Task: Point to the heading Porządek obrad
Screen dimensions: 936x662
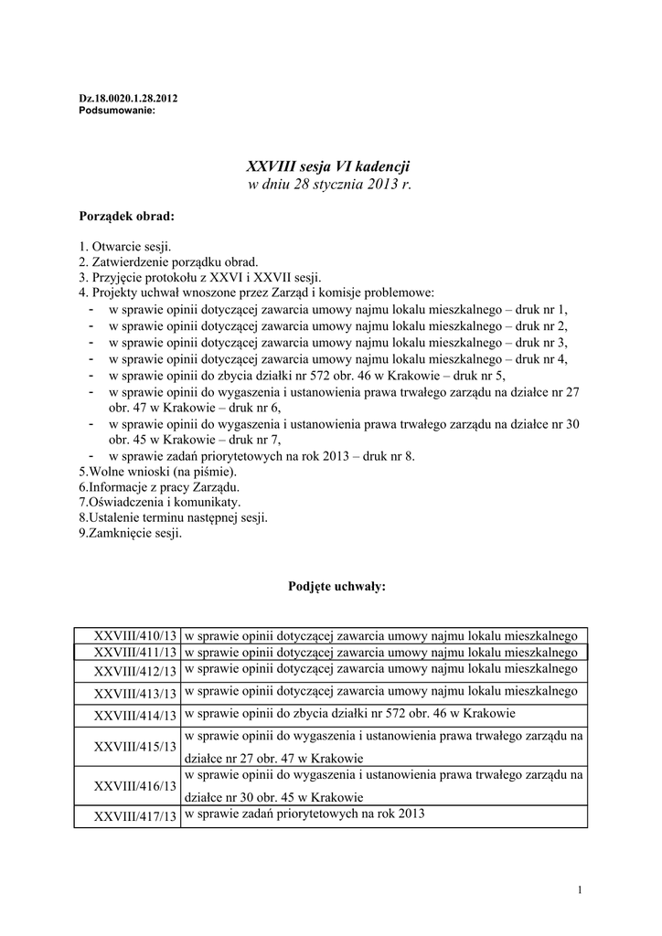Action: (125, 217)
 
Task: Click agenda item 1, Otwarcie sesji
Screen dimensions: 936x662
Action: (125, 247)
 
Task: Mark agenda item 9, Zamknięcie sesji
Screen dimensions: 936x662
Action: (130, 532)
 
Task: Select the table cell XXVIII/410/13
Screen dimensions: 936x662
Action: (135, 635)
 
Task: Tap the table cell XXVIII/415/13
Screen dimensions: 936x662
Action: (135, 747)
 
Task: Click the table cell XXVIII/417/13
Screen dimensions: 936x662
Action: (135, 816)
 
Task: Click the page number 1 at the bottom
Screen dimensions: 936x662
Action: (581, 890)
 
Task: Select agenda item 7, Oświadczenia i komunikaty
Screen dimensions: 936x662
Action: (160, 503)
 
